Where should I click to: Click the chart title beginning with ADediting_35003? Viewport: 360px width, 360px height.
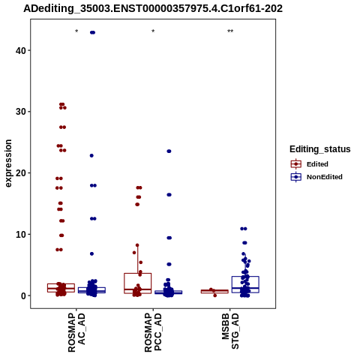click(153, 9)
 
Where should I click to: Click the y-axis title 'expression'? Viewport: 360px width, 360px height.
click(8, 163)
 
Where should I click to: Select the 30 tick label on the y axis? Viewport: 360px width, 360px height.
click(21, 112)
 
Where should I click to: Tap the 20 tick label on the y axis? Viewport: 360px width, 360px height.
click(21, 172)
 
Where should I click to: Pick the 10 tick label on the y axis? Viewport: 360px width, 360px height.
click(21, 234)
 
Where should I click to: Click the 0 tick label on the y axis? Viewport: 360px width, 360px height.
click(23, 295)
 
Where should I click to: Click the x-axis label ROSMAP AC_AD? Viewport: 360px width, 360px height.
click(76, 332)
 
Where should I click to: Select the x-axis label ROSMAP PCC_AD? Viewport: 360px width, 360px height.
click(153, 332)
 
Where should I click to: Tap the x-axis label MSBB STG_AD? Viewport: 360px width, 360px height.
click(230, 331)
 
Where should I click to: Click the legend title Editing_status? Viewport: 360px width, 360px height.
click(319, 149)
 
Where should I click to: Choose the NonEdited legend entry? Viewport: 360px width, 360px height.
click(316, 177)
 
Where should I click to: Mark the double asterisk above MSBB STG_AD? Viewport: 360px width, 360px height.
click(230, 31)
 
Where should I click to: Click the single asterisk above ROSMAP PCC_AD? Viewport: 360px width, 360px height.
click(153, 31)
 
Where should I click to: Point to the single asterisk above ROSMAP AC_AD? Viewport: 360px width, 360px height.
click(76, 31)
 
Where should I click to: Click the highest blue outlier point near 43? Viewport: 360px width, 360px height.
click(92, 32)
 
